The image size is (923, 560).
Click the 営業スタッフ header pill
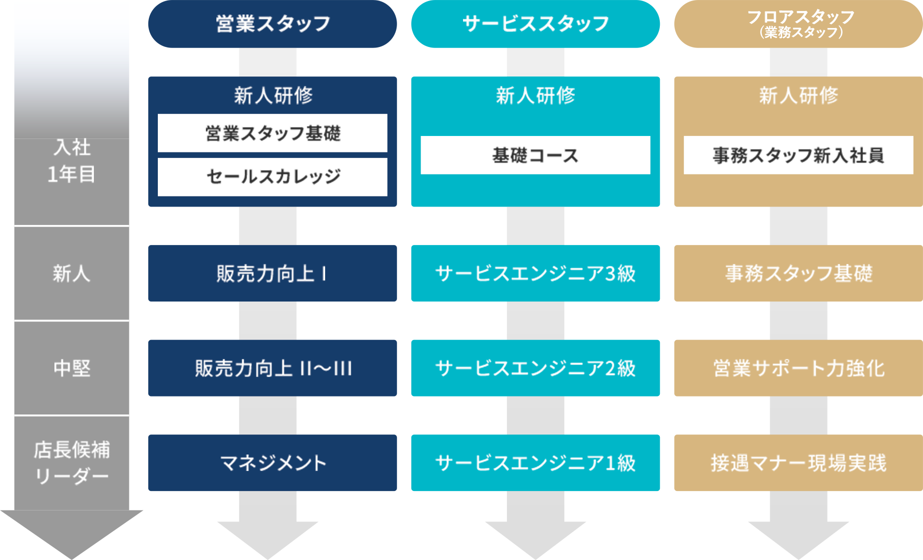click(272, 24)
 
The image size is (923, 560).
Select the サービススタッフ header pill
click(535, 24)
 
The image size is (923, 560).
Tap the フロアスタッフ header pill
click(798, 24)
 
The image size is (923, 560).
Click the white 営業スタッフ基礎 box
click(272, 133)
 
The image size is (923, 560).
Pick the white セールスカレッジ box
click(272, 177)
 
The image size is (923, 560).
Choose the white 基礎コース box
click(535, 155)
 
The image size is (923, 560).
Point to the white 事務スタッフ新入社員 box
click(798, 155)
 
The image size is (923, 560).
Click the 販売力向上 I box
click(272, 273)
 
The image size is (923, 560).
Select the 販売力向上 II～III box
click(272, 368)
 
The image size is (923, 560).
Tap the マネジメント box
click(272, 462)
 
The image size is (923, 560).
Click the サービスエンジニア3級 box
click(535, 273)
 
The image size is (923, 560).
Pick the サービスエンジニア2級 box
click(535, 368)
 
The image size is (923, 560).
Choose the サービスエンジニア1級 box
click(535, 462)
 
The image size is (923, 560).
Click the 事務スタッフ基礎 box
click(798, 273)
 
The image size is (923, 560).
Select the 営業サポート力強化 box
click(798, 368)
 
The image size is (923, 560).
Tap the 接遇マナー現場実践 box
click(798, 462)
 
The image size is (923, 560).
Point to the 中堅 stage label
click(72, 368)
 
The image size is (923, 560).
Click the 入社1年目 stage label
click(72, 160)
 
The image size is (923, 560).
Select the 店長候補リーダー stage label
click(72, 462)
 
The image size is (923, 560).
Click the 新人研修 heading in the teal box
click(535, 95)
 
